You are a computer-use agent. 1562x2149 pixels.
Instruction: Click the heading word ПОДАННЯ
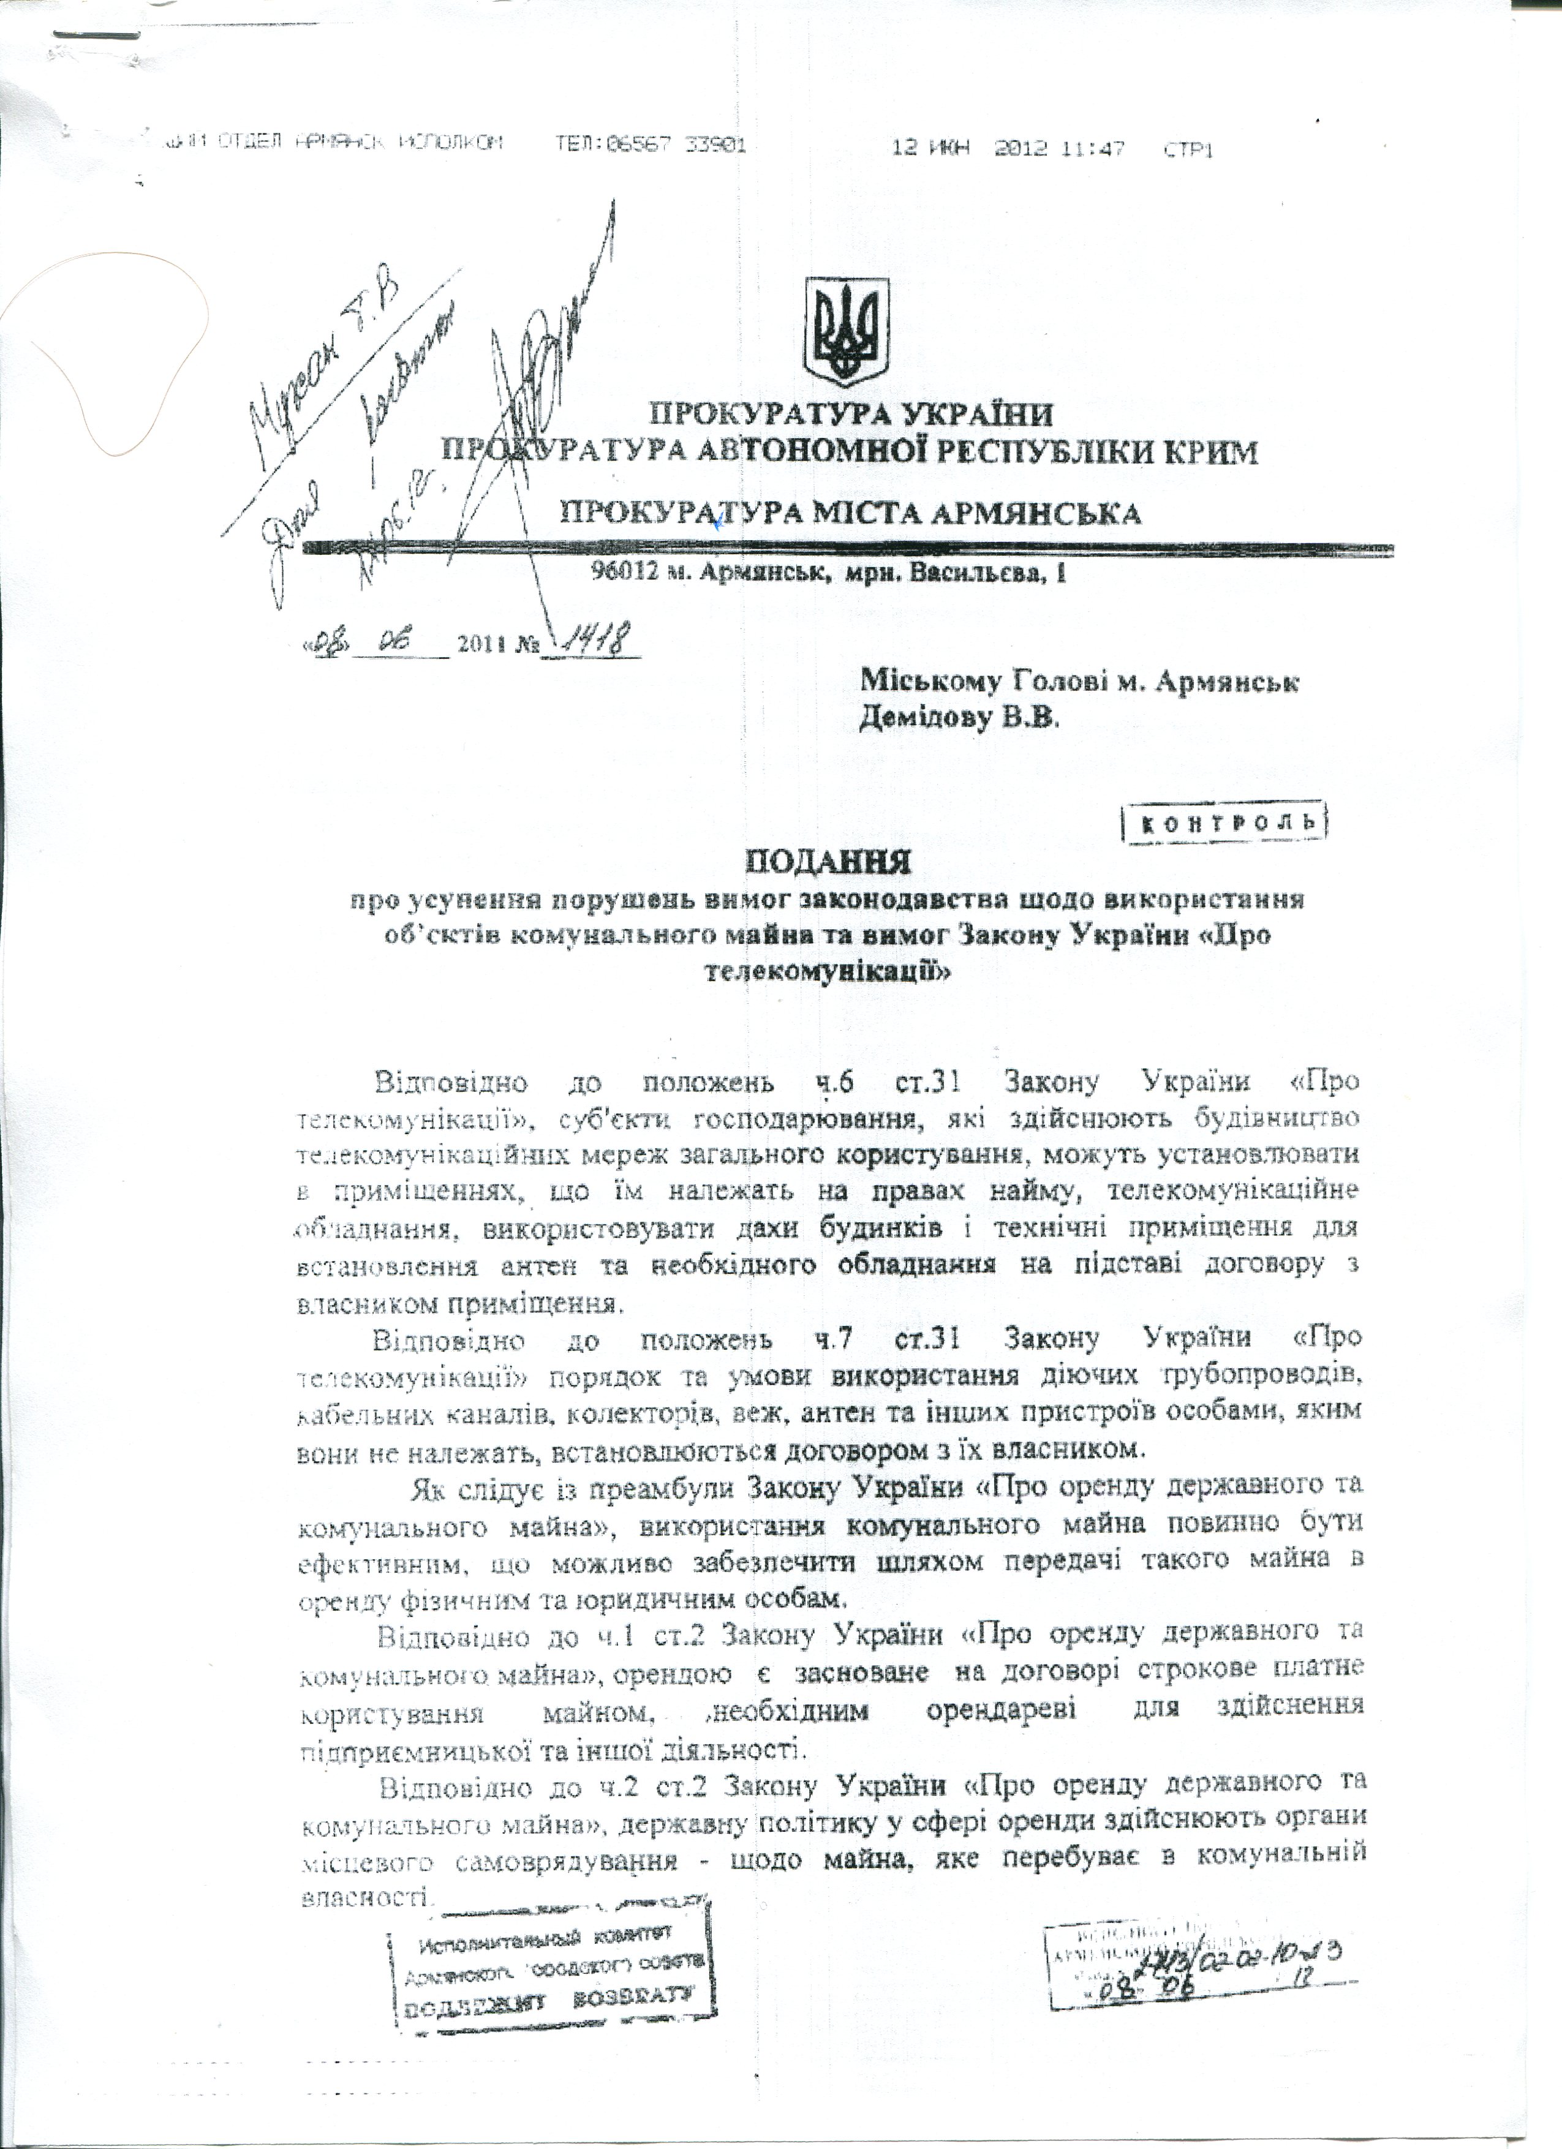[x=826, y=862]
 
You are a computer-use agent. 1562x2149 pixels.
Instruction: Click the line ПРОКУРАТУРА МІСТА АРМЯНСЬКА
[x=850, y=514]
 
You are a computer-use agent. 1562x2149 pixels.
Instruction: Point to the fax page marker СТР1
[x=1188, y=149]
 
